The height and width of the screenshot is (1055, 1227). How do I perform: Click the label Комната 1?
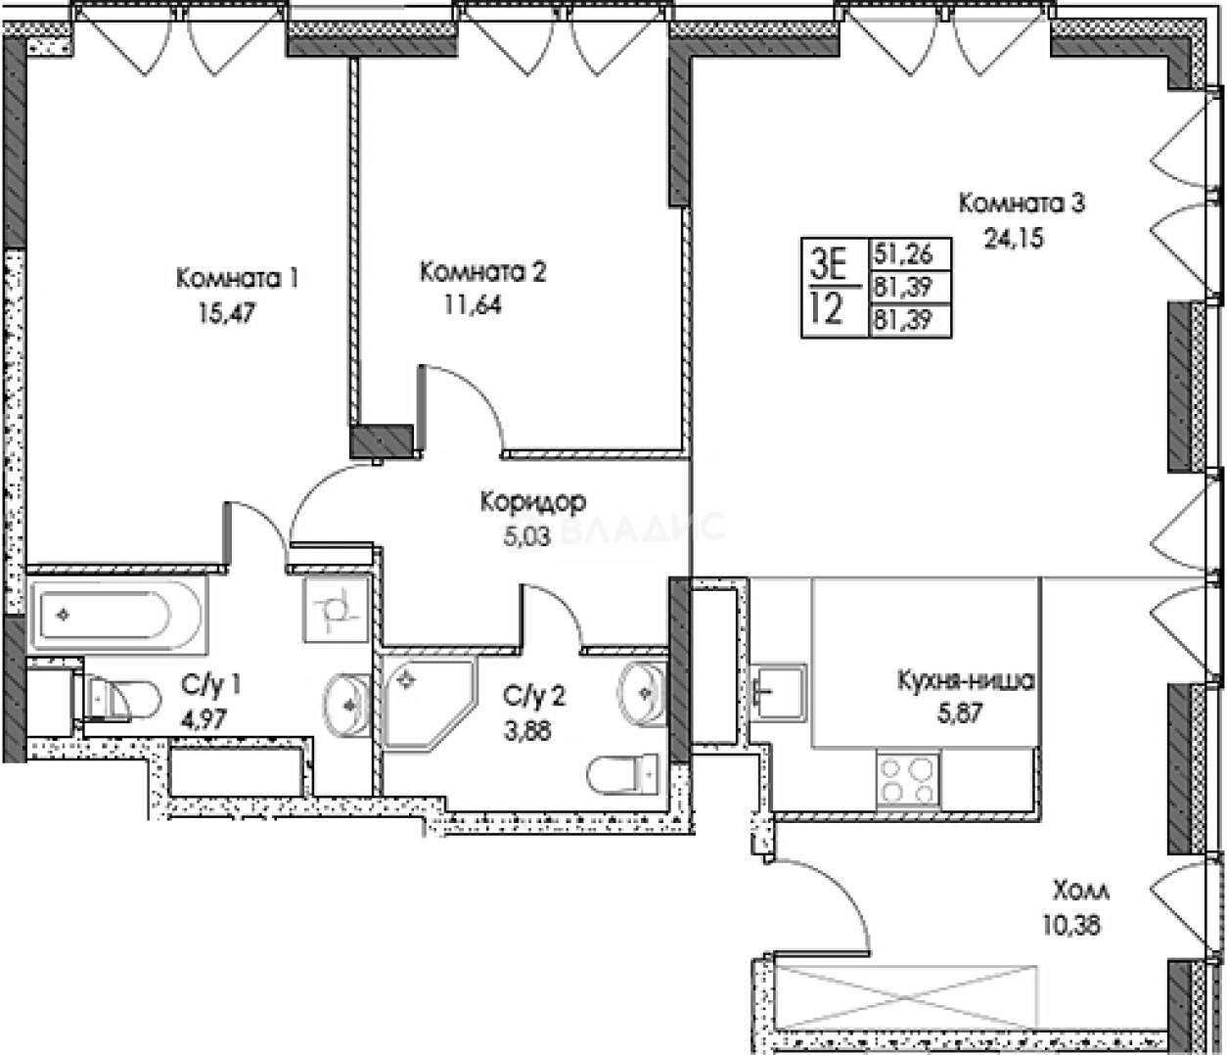tap(237, 279)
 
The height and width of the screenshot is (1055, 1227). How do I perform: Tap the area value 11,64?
tap(473, 305)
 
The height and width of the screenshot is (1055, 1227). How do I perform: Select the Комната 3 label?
tap(1022, 204)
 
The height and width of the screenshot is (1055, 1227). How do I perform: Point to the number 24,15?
tap(1014, 237)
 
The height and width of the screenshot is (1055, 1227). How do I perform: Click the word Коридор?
tap(532, 502)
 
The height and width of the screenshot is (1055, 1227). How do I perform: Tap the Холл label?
tap(1081, 892)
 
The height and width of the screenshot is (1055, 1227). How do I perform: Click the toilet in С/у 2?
tap(622, 773)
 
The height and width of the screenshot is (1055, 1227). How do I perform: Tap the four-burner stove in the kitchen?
tap(908, 780)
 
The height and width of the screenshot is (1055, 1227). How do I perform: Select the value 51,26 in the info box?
tap(902, 254)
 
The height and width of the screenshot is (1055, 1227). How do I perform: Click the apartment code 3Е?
tap(828, 261)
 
